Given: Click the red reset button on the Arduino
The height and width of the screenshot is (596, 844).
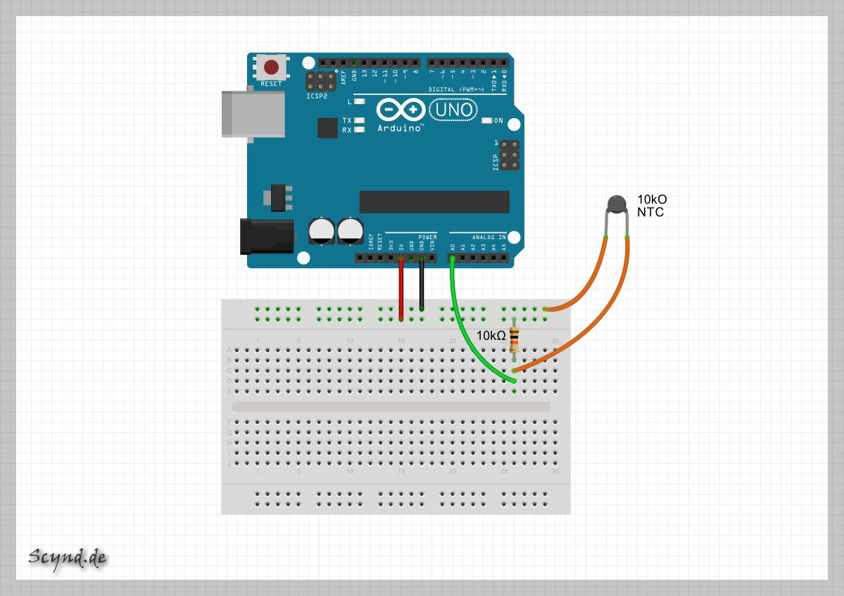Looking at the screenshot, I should point(271,68).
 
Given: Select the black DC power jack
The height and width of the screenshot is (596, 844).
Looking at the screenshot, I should point(266,236).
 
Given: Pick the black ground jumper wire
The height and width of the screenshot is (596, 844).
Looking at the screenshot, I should point(422,284).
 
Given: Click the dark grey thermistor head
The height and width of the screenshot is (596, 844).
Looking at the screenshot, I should point(617,204).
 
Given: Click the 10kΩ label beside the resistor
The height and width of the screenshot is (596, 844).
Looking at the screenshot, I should point(491,336).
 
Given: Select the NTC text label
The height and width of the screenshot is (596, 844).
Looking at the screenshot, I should point(650,212).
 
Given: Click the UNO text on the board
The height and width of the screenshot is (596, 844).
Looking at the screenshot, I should point(453,110).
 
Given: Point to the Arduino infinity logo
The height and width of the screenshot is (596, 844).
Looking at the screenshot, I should point(401,110).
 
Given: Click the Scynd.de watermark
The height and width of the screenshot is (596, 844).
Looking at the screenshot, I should point(68,557).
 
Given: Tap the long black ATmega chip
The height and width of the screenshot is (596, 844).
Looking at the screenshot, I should point(434,201).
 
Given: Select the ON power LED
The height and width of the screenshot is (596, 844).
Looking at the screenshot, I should point(486,120).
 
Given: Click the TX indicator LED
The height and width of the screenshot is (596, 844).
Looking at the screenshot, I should point(360,120).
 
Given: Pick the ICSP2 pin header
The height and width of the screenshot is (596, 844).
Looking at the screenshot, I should point(320,81).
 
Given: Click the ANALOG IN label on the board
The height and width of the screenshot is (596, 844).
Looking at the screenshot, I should point(489,237).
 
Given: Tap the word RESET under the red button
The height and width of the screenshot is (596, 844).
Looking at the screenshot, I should point(271,84).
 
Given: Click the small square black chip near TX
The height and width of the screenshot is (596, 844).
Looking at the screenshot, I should point(327,127).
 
